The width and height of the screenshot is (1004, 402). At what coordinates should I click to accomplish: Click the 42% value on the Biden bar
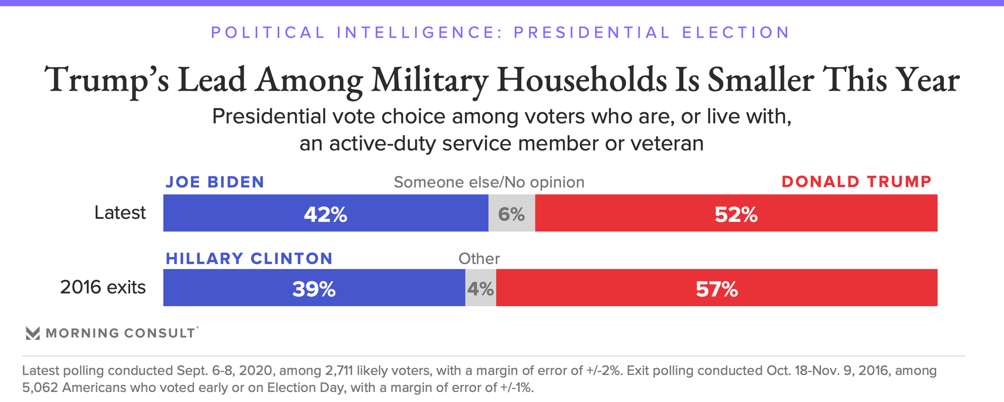325,214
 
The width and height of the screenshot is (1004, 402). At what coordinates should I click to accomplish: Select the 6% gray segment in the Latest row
511,214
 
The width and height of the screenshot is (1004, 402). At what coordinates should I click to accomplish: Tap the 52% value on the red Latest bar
736,214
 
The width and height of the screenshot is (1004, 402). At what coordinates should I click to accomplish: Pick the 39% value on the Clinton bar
314,289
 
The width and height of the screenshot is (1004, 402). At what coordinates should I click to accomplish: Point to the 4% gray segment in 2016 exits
481,289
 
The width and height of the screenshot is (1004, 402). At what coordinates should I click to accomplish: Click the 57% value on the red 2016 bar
716,289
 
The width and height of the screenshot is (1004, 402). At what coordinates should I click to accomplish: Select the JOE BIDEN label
215,182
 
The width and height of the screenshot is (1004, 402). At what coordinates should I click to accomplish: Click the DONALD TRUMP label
857,182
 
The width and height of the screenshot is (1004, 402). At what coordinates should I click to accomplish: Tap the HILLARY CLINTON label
249,259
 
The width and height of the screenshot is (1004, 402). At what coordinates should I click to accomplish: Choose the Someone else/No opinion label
489,182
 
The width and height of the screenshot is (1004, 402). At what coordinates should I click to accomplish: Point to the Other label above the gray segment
479,259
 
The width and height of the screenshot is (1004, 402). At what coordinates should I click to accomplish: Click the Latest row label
120,213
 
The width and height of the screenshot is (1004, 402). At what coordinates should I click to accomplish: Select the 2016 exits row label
102,287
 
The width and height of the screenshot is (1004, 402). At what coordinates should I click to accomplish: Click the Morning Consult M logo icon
33,333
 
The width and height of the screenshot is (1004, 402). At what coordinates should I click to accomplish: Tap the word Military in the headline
429,80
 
